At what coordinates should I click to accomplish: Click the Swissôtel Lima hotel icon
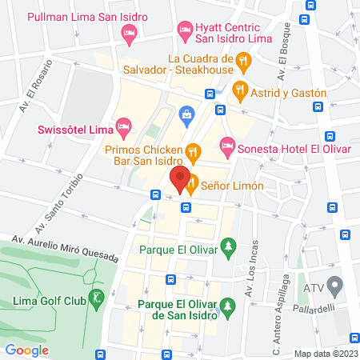pos(123,126)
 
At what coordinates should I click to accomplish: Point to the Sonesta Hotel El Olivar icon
pos(227,146)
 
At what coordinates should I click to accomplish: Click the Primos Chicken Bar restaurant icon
pos(192,150)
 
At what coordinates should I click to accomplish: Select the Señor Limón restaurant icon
pos(191,186)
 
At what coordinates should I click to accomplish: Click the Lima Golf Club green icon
pos(97,300)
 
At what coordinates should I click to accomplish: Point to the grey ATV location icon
pos(336,285)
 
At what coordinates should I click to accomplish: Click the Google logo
pos(26,350)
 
